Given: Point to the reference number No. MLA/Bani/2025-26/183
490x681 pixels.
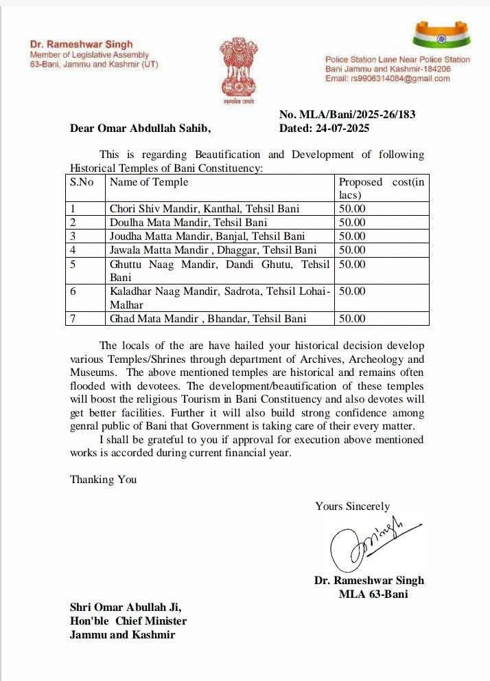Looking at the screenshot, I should pyautogui.click(x=347, y=115).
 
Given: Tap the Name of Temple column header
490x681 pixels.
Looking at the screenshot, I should pyautogui.click(x=149, y=182).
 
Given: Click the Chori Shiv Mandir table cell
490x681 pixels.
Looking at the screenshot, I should pyautogui.click(x=205, y=208).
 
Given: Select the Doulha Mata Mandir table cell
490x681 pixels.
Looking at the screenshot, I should pyautogui.click(x=188, y=223).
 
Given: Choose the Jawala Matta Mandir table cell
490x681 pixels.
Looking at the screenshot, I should pyautogui.click(x=213, y=250).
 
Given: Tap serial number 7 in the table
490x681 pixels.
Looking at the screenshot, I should pyautogui.click(x=73, y=319).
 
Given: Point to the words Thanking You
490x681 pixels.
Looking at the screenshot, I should pyautogui.click(x=103, y=480).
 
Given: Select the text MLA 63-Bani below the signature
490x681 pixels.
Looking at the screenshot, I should pyautogui.click(x=373, y=594).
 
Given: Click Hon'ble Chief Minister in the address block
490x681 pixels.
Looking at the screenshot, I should pyautogui.click(x=128, y=621).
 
